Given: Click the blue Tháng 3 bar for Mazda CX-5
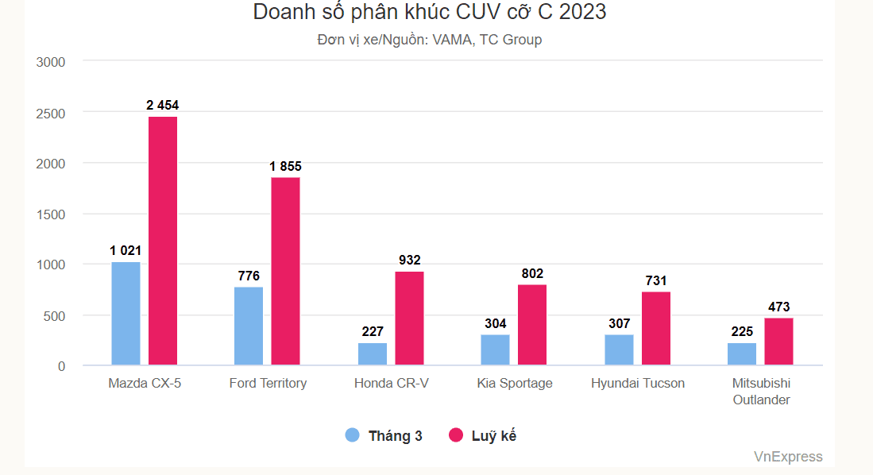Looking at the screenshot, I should pos(126,314).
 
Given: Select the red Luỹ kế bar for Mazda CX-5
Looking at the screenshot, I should pos(163,241).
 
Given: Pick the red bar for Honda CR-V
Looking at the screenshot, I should pos(409,319).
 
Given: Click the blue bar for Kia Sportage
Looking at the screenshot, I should pos(495,350).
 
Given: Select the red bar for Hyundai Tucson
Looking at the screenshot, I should pos(656,329).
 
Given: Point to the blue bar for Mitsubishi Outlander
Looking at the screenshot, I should pos(742,354).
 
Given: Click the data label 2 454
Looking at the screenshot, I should pos(162,105).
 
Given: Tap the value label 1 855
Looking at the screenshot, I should pos(285,166).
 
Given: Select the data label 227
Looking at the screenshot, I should pos(373,331).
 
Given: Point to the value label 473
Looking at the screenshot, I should pos(778,307).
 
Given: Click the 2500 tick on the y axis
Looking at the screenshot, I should pos(50,113).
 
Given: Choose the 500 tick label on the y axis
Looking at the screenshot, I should pos(55,315).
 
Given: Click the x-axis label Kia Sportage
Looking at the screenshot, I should pos(515,384).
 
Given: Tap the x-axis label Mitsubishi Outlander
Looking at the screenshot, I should pos(761,392).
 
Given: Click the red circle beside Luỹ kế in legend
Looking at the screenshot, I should pos(456,435).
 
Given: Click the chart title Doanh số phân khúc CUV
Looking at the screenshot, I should pos(429,13).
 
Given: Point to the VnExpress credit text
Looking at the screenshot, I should pos(788,457).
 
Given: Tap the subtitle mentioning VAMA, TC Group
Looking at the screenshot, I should pos(429,40).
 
